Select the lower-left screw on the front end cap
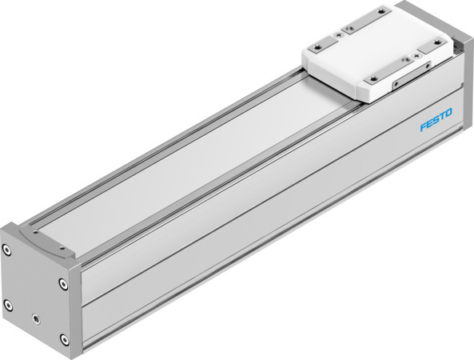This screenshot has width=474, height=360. [x=9, y=304]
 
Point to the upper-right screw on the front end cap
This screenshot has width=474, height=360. [x=63, y=282]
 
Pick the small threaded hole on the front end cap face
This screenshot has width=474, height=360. [x=36, y=318]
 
